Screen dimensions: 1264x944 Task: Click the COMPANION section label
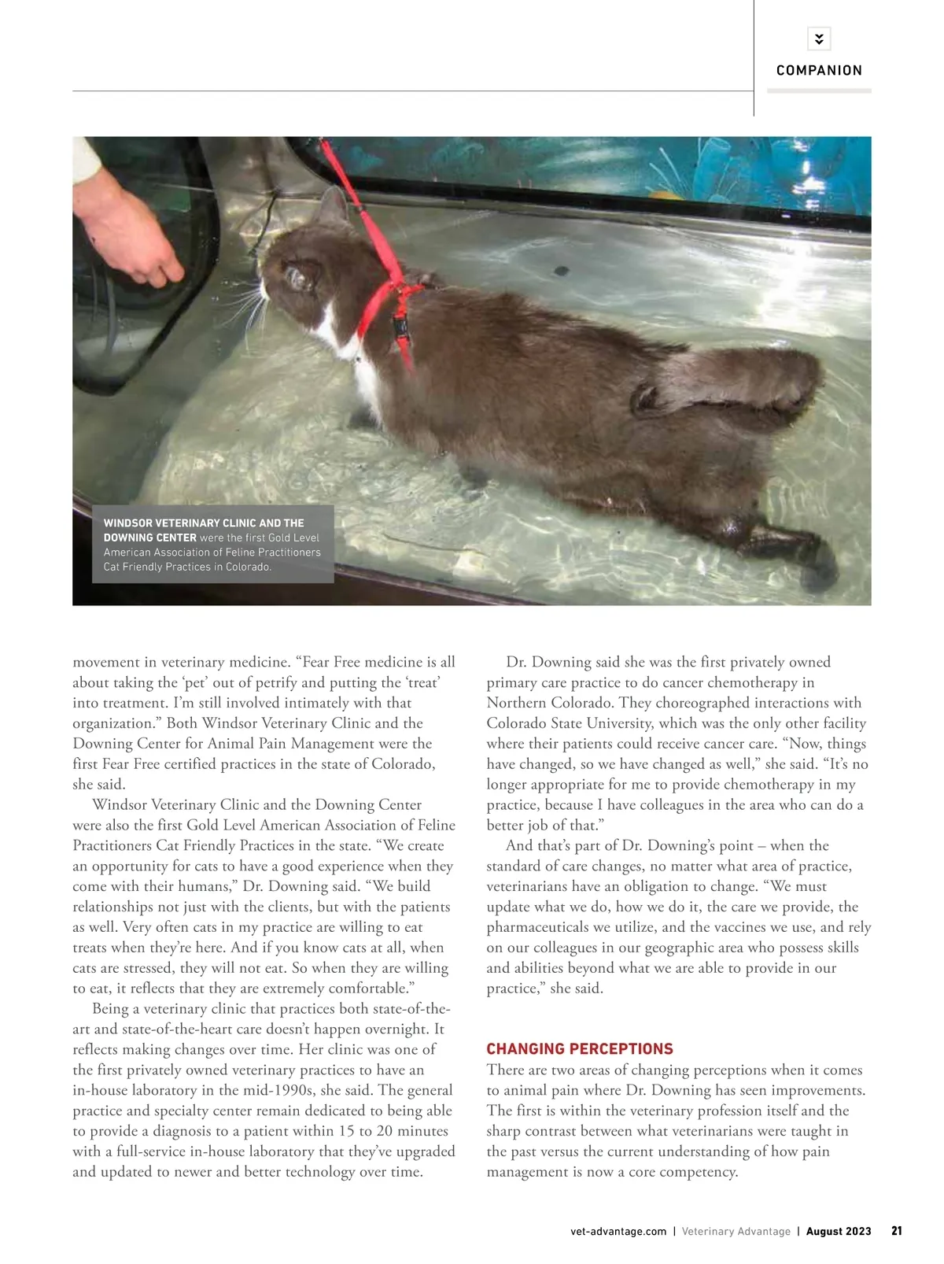coord(819,71)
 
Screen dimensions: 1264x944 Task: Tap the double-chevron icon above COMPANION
coord(819,39)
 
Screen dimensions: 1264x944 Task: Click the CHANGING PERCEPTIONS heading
coord(580,1049)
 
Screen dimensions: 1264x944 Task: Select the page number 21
coord(897,1231)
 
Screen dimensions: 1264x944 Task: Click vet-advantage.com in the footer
coord(618,1232)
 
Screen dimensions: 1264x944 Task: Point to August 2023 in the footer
coord(839,1232)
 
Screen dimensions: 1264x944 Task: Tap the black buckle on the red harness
coord(401,327)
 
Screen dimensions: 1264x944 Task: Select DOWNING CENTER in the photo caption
coord(149,538)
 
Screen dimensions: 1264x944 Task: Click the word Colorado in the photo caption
coord(247,567)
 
